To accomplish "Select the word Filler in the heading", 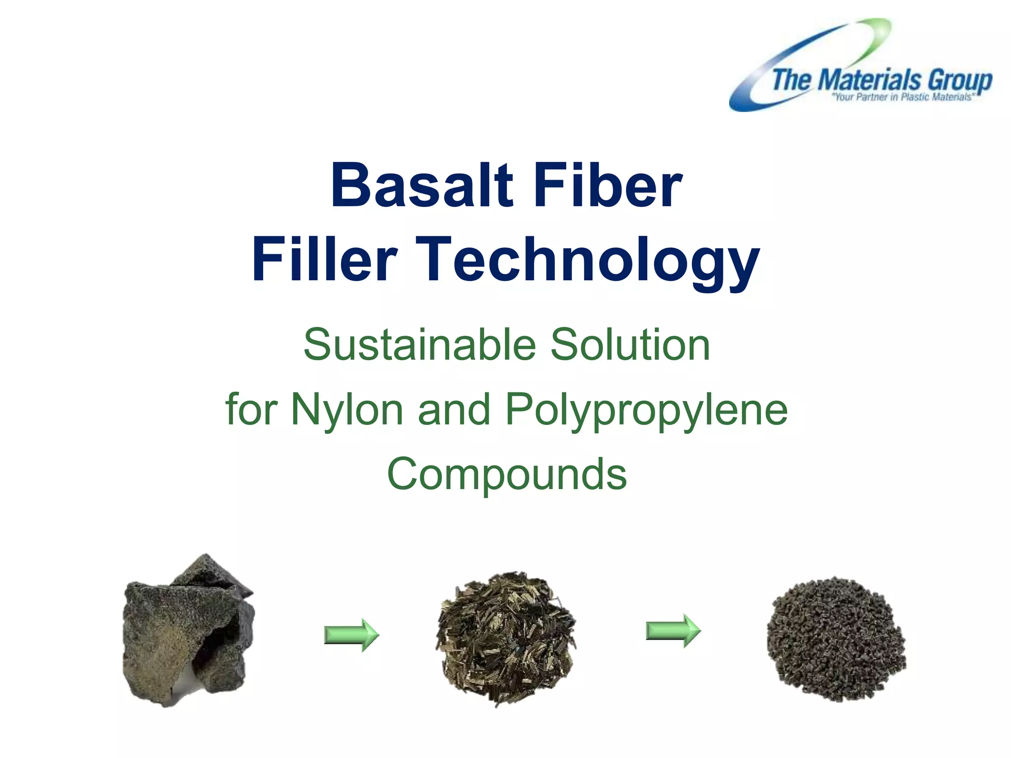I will tap(324, 260).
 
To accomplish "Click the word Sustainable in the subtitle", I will tap(419, 344).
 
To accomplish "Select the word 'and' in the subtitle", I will tap(454, 410).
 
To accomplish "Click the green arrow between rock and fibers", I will tap(351, 635).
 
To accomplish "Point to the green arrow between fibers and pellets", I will tap(673, 631).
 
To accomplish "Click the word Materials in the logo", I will tap(871, 80).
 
